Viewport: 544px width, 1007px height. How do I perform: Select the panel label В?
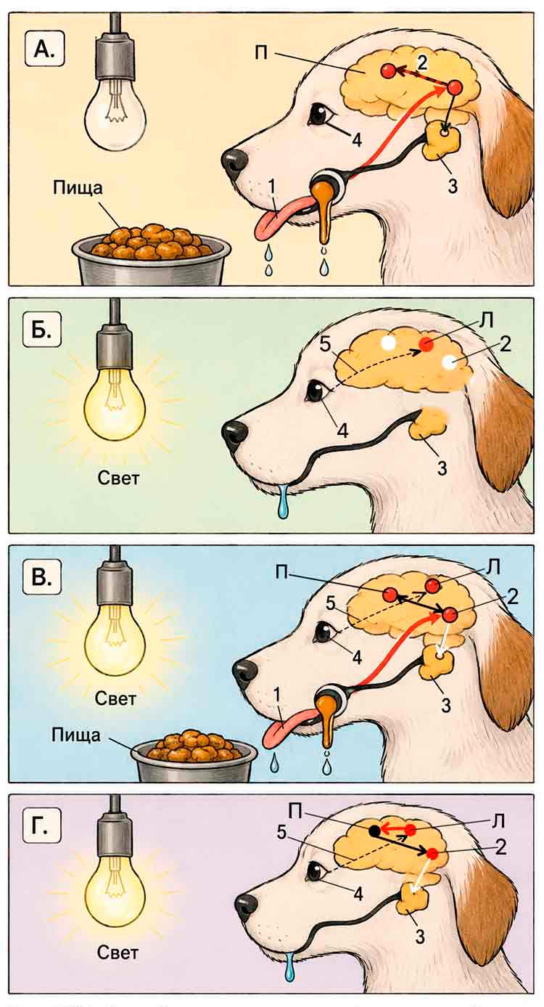coord(41,577)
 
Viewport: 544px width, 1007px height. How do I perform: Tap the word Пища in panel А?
coord(78,187)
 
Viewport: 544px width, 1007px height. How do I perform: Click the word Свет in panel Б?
coord(119,478)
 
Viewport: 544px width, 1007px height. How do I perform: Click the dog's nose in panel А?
coord(234,163)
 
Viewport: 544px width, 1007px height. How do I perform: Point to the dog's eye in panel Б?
coord(317,392)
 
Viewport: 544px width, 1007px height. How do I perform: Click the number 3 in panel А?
coord(453,185)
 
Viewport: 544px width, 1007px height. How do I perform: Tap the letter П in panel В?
coord(284,572)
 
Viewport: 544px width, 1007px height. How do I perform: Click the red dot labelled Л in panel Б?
coord(426,344)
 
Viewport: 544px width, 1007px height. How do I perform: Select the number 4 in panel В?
coord(356,658)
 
